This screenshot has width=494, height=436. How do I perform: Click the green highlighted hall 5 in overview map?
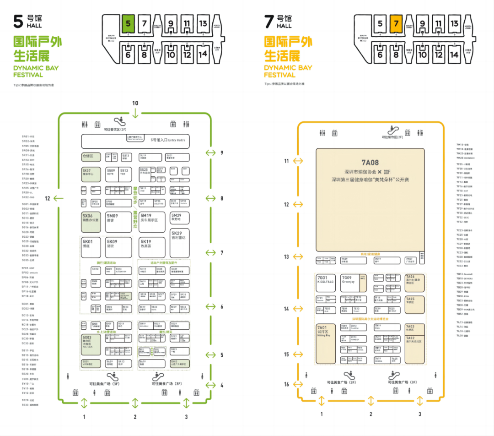click(128, 23)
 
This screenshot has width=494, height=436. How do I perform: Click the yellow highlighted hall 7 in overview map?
click(396, 23)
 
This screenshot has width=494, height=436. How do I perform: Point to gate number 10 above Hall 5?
click(135, 103)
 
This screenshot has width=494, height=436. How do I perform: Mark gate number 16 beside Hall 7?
click(286, 384)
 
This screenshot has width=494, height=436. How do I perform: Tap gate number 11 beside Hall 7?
click(286, 161)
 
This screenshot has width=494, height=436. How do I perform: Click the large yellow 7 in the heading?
click(269, 21)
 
